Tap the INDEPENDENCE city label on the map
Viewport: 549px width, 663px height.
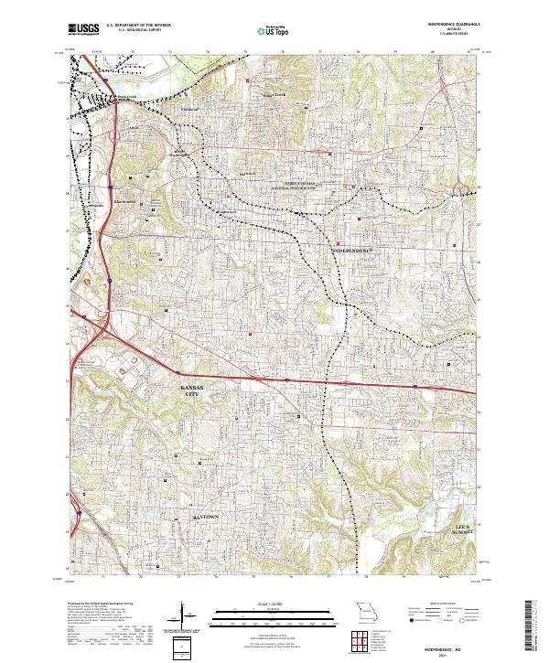tap(353, 249)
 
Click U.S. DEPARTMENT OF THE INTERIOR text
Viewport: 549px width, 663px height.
tap(139, 26)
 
